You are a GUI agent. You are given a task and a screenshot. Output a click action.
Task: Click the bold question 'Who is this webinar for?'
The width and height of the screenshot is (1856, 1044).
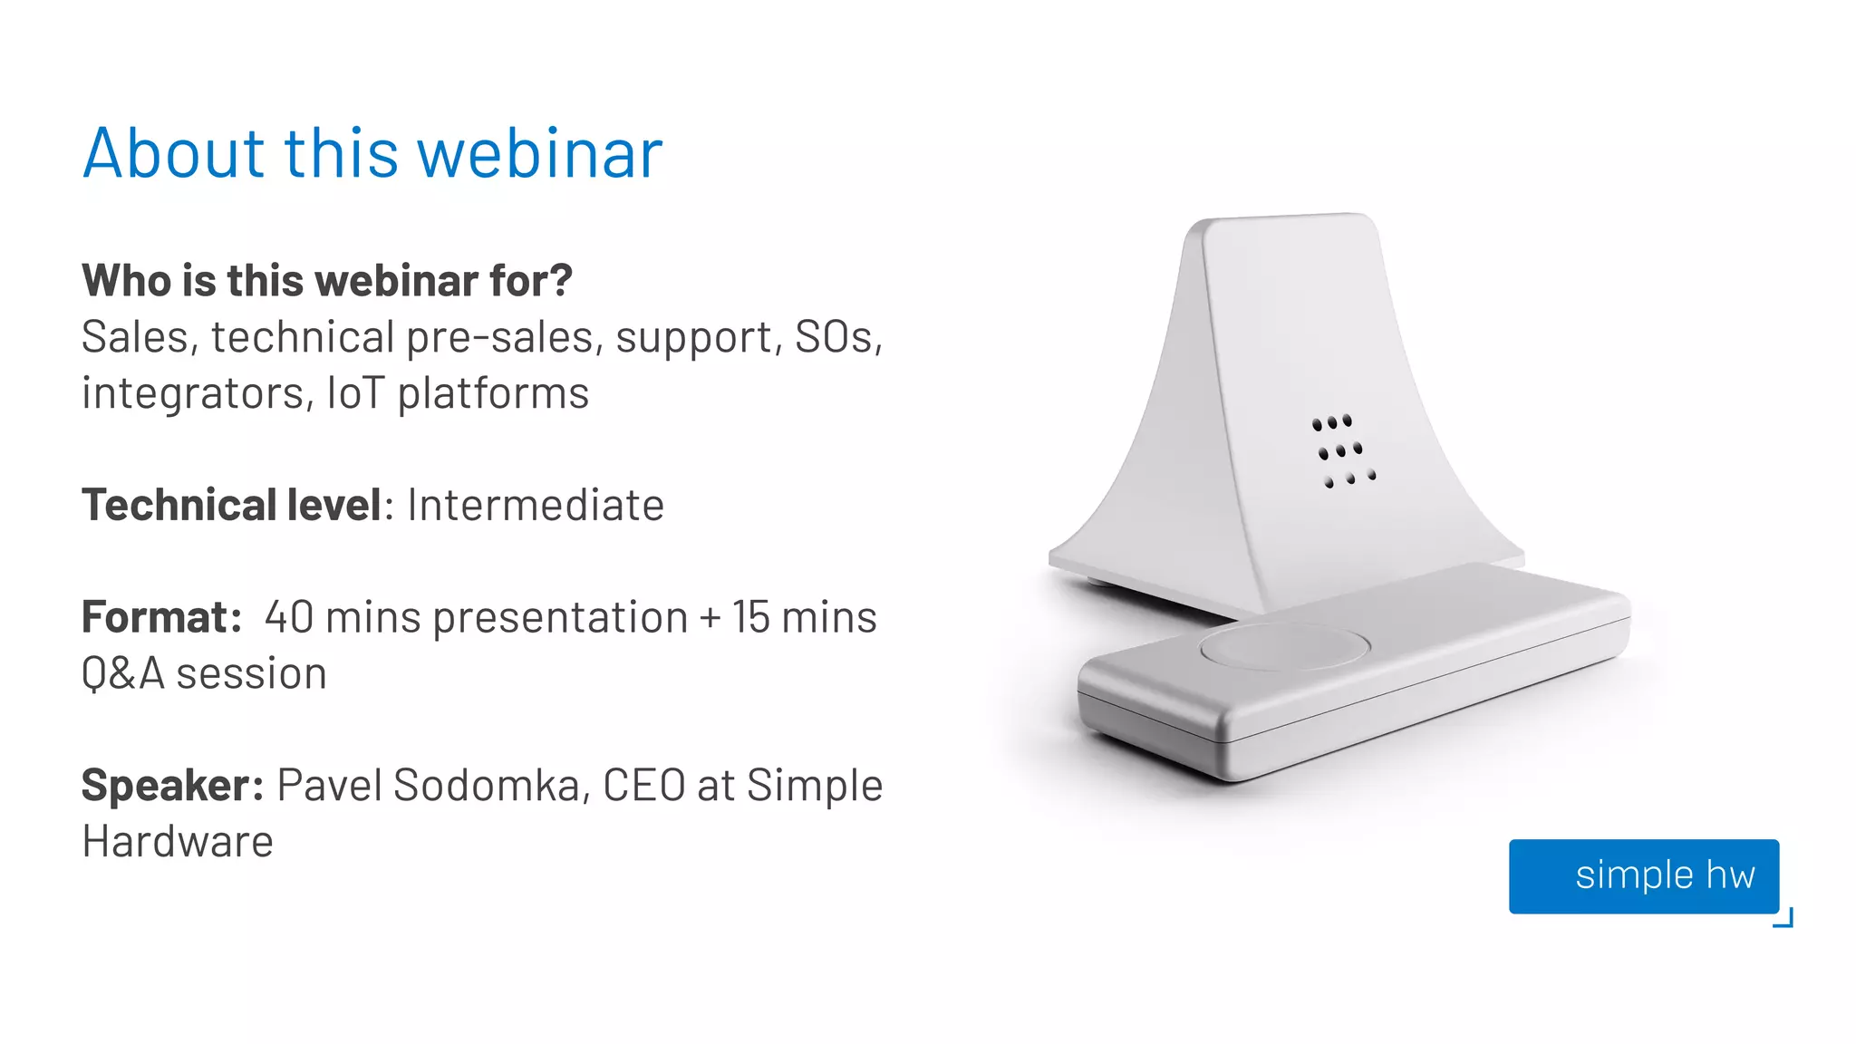pyautogui.click(x=327, y=280)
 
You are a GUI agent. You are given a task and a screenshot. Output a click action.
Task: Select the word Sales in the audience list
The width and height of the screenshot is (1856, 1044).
pyautogui.click(x=135, y=337)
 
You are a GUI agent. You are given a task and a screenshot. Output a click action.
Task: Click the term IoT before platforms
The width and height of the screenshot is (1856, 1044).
pyautogui.click(x=355, y=393)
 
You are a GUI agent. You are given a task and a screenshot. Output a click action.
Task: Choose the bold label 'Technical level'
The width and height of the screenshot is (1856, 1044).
pyautogui.click(x=232, y=505)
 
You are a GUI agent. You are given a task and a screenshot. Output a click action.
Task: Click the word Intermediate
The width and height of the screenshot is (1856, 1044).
pyautogui.click(x=536, y=505)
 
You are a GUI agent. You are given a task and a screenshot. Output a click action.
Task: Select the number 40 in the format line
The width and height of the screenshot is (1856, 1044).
pyautogui.click(x=289, y=617)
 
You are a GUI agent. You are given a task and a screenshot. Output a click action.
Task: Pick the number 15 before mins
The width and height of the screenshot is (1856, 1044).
pyautogui.click(x=751, y=617)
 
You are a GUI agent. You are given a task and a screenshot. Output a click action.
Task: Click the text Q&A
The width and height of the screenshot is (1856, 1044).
pyautogui.click(x=123, y=673)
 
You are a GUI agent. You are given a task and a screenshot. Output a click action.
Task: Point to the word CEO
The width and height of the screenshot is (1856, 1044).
pyautogui.click(x=643, y=785)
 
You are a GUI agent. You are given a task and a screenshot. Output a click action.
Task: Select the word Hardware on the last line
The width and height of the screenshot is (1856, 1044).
pyautogui.click(x=178, y=841)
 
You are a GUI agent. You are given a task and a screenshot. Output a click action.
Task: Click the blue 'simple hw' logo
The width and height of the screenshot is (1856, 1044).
pyautogui.click(x=1644, y=875)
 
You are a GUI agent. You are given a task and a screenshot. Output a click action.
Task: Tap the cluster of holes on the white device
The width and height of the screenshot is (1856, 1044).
pyautogui.click(x=1343, y=450)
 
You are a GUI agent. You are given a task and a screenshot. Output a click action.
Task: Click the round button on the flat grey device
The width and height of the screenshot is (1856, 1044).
pyautogui.click(x=1284, y=646)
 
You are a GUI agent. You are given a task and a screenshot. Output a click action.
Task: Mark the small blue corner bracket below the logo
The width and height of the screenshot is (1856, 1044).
pyautogui.click(x=1784, y=919)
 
